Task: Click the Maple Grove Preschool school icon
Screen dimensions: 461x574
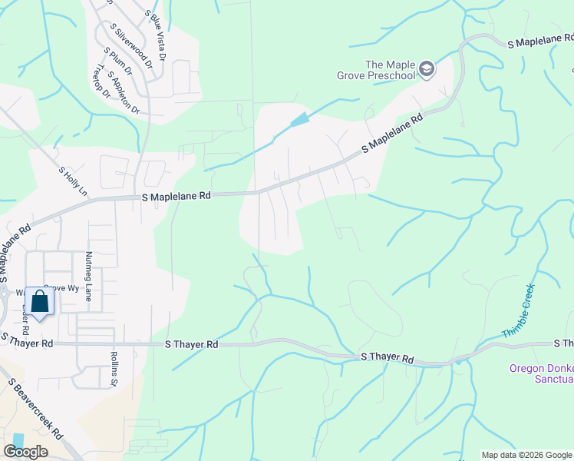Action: click(427, 71)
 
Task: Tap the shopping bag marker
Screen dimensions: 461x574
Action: click(39, 301)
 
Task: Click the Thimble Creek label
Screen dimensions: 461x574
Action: click(518, 310)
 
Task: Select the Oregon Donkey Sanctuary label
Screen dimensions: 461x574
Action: click(541, 373)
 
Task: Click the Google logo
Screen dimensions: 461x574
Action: click(25, 452)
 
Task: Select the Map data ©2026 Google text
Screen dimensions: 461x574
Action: click(526, 455)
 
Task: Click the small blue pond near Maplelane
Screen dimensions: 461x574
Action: click(301, 120)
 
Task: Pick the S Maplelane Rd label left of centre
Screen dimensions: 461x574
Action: click(176, 197)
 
